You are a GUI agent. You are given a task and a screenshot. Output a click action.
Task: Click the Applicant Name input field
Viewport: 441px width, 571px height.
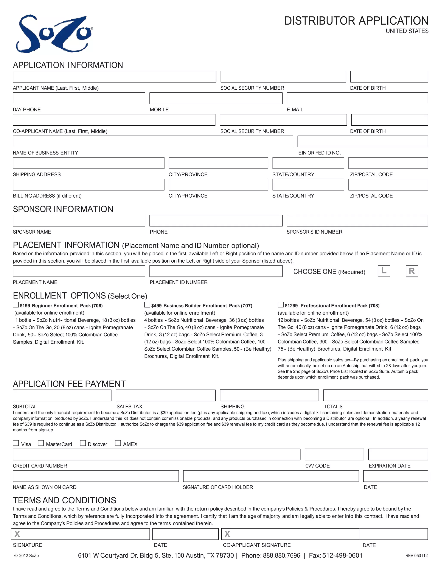tap(114, 77)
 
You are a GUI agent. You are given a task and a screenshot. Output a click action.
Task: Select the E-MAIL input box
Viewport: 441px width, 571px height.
tap(357, 98)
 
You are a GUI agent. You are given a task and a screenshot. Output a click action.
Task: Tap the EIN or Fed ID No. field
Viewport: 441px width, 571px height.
tap(362, 141)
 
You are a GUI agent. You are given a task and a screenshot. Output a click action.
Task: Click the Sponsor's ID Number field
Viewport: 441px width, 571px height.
tap(357, 221)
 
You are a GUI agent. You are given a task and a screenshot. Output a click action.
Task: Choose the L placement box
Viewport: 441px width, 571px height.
tap(384, 271)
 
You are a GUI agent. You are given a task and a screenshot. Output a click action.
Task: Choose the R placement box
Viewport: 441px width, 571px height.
tap(412, 271)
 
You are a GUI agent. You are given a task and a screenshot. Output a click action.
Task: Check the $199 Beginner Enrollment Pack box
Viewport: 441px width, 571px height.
tap(16, 305)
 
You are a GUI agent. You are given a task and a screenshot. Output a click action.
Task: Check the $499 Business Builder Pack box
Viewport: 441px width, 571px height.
tap(147, 305)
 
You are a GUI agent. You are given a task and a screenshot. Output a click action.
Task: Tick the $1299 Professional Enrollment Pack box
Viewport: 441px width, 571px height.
tap(281, 305)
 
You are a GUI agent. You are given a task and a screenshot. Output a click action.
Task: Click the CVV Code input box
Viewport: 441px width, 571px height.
tap(334, 454)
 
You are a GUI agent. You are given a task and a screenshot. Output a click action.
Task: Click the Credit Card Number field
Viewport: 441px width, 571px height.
tap(157, 454)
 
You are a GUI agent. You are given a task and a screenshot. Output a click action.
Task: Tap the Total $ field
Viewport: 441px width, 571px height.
tap(375, 395)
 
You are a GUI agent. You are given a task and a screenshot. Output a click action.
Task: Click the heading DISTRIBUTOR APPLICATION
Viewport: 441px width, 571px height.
tap(356, 21)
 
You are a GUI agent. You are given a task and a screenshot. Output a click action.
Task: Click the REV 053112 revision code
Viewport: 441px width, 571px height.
tap(416, 555)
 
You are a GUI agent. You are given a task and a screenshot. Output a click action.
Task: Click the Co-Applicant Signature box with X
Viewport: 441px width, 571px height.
tap(290, 534)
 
